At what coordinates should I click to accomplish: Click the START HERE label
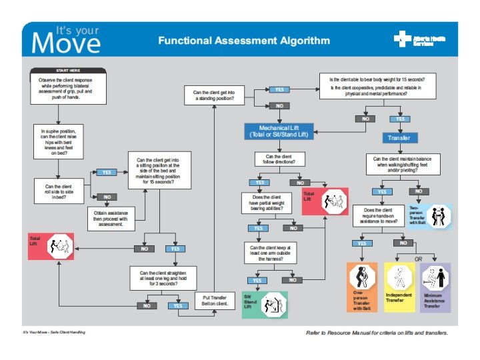click(67, 70)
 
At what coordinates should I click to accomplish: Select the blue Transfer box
click(400, 138)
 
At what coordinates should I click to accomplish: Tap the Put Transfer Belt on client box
click(215, 301)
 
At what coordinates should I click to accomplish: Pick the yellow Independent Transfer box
click(399, 287)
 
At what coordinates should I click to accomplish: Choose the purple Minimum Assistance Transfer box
click(435, 287)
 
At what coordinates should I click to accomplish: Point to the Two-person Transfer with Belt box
click(436, 217)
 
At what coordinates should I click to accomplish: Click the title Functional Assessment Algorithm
click(244, 41)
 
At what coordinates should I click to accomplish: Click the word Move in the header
click(66, 44)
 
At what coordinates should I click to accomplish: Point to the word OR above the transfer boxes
click(419, 259)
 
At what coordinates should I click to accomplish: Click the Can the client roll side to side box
click(59, 191)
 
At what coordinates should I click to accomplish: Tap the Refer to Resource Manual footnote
click(377, 332)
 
